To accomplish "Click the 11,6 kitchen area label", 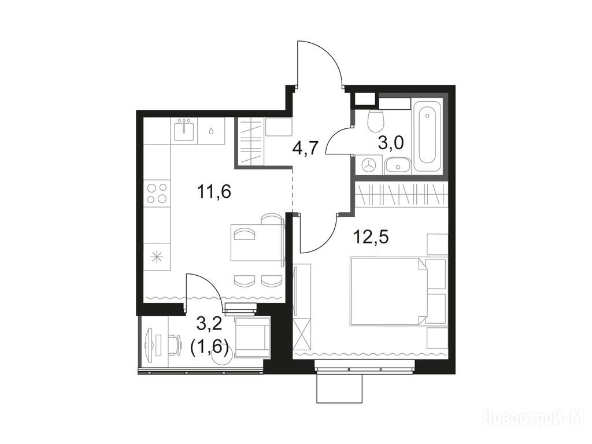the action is pos(214,191).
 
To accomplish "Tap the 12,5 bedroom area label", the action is pos(371,237).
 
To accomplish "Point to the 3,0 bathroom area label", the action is pos(391,143).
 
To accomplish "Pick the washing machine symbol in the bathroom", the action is pos(368,165).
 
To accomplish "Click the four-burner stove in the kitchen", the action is pos(157,193).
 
